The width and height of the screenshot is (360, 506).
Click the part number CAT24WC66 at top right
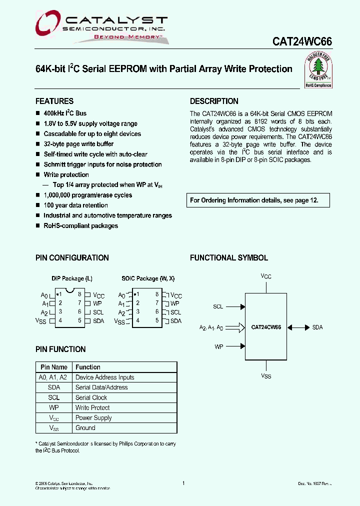point(302,42)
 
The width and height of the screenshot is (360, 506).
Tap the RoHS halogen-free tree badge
point(318,70)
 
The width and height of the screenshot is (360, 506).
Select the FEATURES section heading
point(54,101)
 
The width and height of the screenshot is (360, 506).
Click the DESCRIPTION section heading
point(214,101)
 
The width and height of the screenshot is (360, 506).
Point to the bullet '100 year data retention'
point(75,205)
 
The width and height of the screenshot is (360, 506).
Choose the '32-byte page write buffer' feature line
point(78,144)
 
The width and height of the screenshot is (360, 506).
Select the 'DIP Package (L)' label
point(72,278)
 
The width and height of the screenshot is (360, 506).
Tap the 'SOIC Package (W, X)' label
point(148,278)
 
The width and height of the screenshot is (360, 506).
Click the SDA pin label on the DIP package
point(98,321)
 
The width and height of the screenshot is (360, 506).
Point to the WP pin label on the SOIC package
point(174,303)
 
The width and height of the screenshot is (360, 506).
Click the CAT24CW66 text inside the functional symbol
point(266,327)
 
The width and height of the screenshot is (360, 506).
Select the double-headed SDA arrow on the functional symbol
point(299,327)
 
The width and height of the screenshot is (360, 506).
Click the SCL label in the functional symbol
point(218,306)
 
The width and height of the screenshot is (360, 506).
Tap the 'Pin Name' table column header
point(54,367)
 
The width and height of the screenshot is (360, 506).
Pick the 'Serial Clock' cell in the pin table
point(91,397)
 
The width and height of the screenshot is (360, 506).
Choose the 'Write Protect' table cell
point(92,407)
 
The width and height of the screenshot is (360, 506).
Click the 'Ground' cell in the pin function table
point(85,428)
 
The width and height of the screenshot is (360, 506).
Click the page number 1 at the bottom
point(183,483)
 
